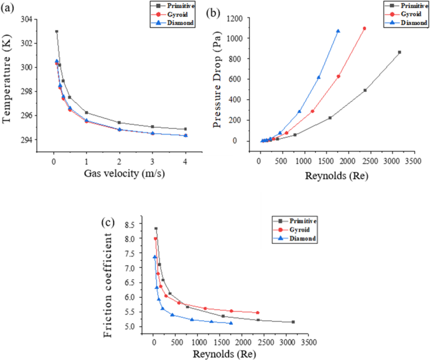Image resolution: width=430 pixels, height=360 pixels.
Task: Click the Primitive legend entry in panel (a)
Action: point(179,6)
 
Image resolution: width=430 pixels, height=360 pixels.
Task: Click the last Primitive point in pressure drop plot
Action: point(399,52)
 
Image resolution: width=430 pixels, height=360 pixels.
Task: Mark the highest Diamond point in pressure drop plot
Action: point(338,31)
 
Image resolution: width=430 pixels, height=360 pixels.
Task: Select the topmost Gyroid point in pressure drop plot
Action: point(364,28)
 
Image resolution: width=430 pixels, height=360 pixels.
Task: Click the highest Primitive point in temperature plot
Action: point(56,31)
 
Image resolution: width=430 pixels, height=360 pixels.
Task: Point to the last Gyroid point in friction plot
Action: point(257,312)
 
